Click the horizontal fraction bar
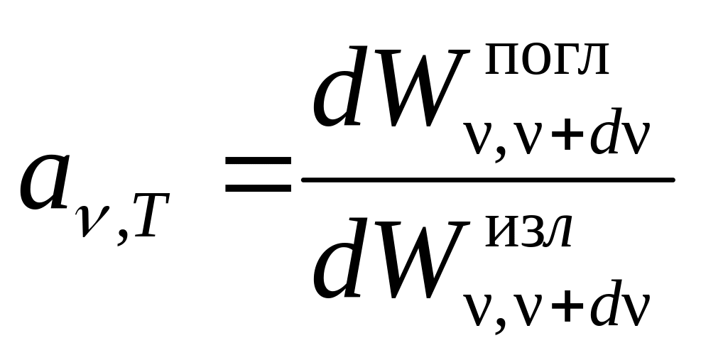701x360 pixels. [487, 180]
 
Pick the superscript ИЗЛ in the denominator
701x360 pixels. [528, 235]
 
